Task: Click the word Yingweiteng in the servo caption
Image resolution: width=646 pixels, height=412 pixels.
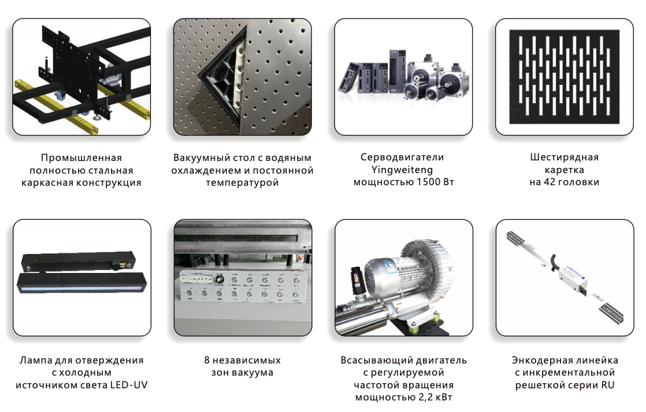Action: [x=402, y=170]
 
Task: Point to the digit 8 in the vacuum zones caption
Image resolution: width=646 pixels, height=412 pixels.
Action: [x=207, y=360]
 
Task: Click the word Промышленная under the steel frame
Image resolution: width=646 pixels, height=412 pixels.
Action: [x=81, y=158]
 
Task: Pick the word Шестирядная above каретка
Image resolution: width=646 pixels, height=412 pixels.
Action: [x=564, y=157]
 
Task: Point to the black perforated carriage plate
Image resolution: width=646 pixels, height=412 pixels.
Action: [x=565, y=77]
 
